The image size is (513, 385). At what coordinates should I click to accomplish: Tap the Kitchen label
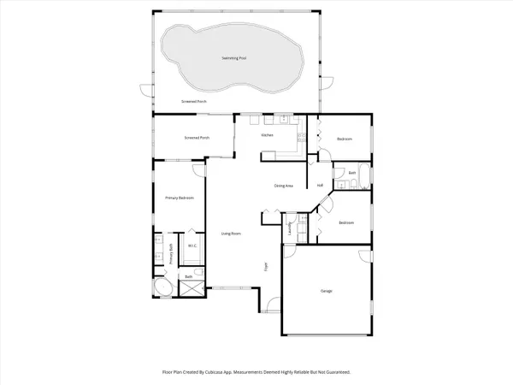click(x=267, y=135)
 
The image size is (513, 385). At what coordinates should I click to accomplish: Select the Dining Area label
click(x=284, y=186)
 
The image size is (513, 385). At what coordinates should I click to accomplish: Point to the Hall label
click(x=320, y=186)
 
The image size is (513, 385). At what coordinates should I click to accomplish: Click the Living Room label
click(x=231, y=234)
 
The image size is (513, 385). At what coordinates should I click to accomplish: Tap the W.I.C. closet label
click(x=192, y=246)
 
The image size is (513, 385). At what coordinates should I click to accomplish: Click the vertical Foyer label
click(x=266, y=267)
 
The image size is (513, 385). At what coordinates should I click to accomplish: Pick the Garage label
click(x=326, y=292)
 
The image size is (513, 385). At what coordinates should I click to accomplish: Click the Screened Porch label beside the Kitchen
click(x=198, y=138)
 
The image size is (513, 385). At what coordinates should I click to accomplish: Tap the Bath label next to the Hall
click(x=352, y=174)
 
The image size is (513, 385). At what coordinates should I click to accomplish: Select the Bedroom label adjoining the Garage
click(x=345, y=222)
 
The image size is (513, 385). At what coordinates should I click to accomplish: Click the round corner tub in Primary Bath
click(x=162, y=287)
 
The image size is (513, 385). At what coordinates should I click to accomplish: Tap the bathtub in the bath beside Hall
click(x=364, y=178)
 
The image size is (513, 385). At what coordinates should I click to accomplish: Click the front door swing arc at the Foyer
click(x=271, y=301)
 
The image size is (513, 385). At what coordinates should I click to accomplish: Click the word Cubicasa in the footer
click(x=234, y=372)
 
